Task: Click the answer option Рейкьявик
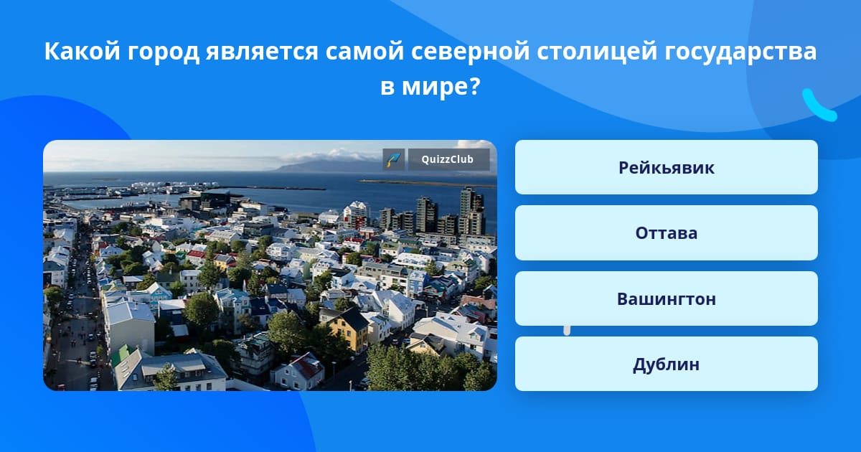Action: pos(666,167)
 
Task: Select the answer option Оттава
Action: pos(666,233)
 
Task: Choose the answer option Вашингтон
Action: pos(666,298)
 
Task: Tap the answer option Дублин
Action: pos(666,364)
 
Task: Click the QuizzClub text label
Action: pos(448,159)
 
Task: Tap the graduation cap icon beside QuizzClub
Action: pos(394,159)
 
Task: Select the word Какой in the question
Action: pos(83,51)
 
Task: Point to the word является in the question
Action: pos(262,52)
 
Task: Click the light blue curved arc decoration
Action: pos(818,105)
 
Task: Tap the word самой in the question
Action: pos(364,52)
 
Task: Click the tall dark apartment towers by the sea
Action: pos(451,212)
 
